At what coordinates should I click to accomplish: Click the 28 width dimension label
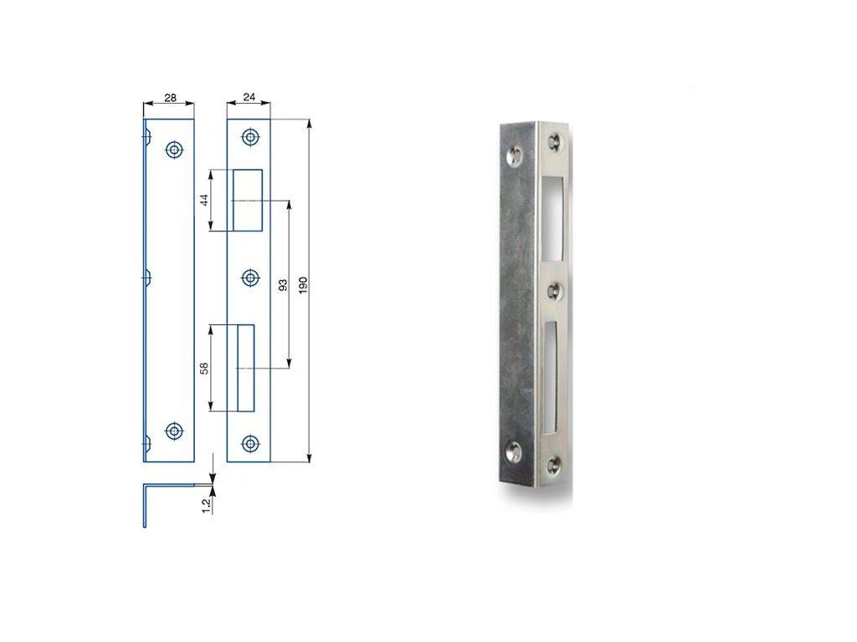pyautogui.click(x=171, y=98)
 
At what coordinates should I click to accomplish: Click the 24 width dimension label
pyautogui.click(x=249, y=97)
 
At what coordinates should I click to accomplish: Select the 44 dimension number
pyautogui.click(x=205, y=200)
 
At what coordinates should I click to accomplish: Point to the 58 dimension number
pyautogui.click(x=205, y=368)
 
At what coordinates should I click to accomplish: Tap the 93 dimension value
pyautogui.click(x=283, y=284)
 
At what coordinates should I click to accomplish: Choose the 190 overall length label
pyautogui.click(x=304, y=285)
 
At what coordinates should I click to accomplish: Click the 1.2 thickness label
pyautogui.click(x=207, y=507)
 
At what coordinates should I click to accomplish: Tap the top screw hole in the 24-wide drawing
pyautogui.click(x=250, y=137)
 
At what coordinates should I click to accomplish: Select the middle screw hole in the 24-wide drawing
pyautogui.click(x=250, y=278)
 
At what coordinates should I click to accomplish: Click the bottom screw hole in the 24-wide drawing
pyautogui.click(x=250, y=443)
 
